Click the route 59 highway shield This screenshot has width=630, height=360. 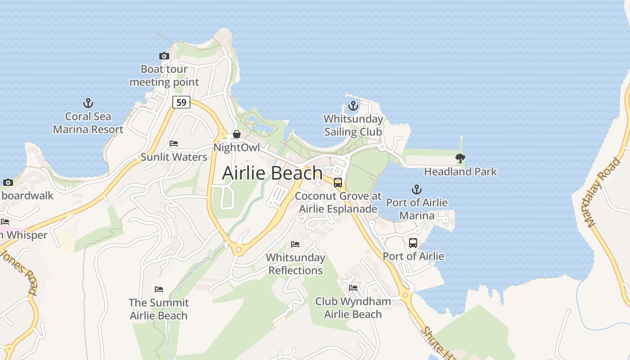pyautogui.click(x=181, y=103)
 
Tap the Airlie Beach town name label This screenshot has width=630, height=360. pyautogui.click(x=272, y=173)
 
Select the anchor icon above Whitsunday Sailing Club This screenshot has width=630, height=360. pyautogui.click(x=353, y=106)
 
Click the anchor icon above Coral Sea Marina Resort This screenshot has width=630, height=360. pyautogui.click(x=88, y=103)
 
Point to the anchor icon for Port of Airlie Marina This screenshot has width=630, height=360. pyautogui.click(x=417, y=189)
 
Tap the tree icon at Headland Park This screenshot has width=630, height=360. pyautogui.click(x=460, y=158)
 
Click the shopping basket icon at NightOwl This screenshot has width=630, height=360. pyautogui.click(x=236, y=134)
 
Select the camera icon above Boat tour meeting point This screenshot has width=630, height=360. pyautogui.click(x=164, y=56)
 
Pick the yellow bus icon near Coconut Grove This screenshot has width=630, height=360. pyautogui.click(x=338, y=183)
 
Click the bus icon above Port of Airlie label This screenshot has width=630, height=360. pyautogui.click(x=413, y=243)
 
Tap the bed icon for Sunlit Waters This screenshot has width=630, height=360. pyautogui.click(x=174, y=144)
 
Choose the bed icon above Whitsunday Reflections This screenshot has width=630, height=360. pyautogui.click(x=295, y=244)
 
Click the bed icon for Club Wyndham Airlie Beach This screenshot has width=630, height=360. pyautogui.click(x=353, y=288)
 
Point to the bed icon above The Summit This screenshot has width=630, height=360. pyautogui.click(x=159, y=289)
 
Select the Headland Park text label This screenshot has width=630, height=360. pyautogui.click(x=460, y=171)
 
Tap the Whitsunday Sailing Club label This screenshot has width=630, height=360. pyautogui.click(x=353, y=126)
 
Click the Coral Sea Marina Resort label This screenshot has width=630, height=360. pyautogui.click(x=88, y=123)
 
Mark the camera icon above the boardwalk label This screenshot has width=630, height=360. pyautogui.click(x=8, y=182)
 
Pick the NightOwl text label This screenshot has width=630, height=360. pyautogui.click(x=237, y=147)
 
